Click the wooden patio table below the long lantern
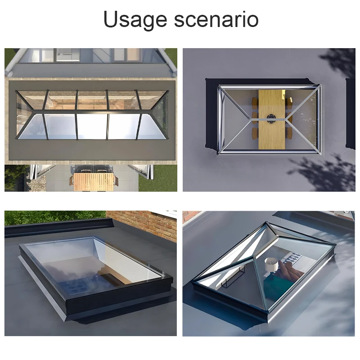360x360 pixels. point(94,181)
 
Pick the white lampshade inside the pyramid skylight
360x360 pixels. point(271,265)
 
